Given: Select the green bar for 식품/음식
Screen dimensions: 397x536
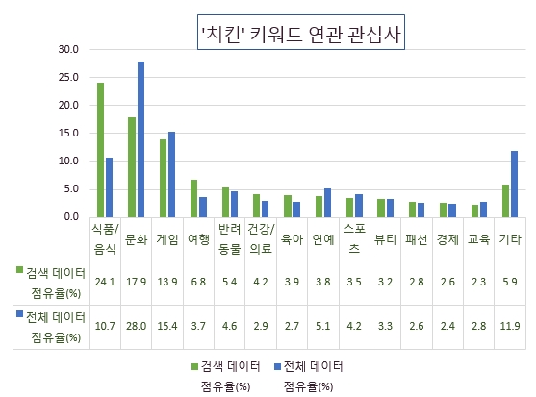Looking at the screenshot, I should tap(100, 150).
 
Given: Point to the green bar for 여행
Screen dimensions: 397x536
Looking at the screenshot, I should tap(193, 198).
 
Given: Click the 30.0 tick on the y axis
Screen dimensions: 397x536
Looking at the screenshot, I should tap(68, 48).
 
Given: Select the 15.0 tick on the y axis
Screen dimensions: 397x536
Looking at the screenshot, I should tap(68, 133).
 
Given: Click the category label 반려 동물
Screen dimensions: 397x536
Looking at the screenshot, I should tap(229, 239).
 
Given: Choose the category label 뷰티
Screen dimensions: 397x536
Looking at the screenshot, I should tap(385, 239).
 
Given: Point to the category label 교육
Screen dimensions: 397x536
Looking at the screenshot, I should tap(479, 239).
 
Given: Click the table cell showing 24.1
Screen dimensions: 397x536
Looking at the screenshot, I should tap(105, 282).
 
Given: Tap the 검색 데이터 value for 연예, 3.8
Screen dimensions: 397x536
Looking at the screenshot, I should tap(322, 282).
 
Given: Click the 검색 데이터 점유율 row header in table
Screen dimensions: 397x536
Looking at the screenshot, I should tap(52, 282).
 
